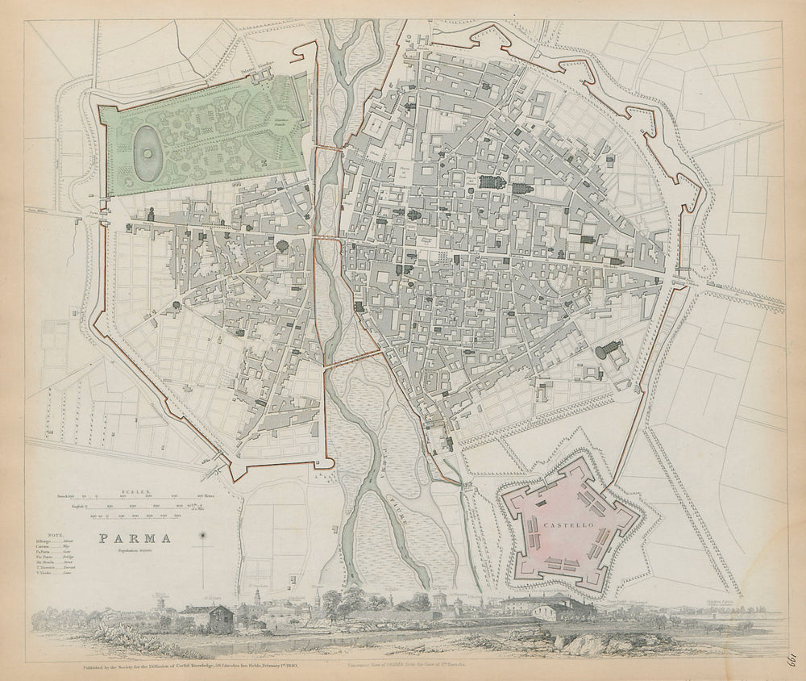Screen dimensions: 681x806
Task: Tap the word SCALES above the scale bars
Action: coord(132,490)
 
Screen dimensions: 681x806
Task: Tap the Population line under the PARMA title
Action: coord(135,550)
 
